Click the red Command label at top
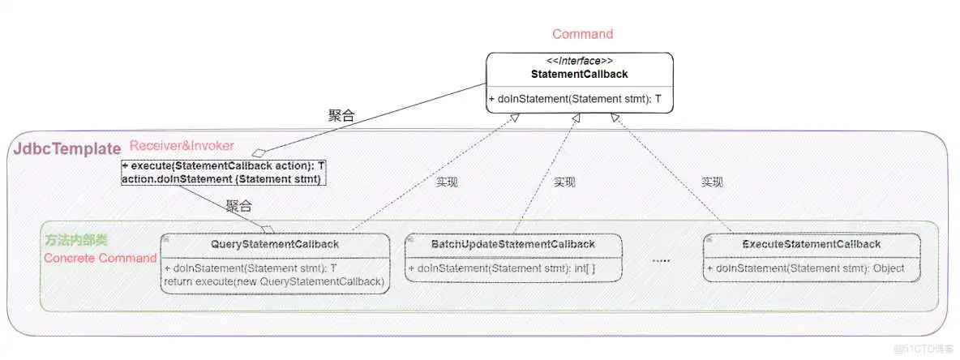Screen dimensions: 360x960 (x=582, y=34)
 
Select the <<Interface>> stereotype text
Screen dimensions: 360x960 (x=579, y=61)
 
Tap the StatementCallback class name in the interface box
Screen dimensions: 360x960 (x=579, y=74)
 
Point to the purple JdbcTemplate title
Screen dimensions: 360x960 (x=66, y=149)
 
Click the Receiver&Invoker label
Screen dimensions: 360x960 (x=182, y=146)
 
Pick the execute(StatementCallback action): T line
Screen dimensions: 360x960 (x=223, y=166)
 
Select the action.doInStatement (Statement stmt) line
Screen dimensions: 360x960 (x=221, y=178)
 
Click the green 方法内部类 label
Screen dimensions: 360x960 (x=75, y=241)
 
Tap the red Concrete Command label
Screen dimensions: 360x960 (x=100, y=258)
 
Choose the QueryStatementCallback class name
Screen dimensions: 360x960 (x=275, y=244)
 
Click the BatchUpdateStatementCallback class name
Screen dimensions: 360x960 (x=513, y=244)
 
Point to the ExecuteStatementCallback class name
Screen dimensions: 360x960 (x=812, y=244)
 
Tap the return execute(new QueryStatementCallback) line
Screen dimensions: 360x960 (x=273, y=281)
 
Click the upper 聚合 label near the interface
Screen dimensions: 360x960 (x=341, y=116)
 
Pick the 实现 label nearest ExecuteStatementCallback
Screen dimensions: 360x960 (x=712, y=182)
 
